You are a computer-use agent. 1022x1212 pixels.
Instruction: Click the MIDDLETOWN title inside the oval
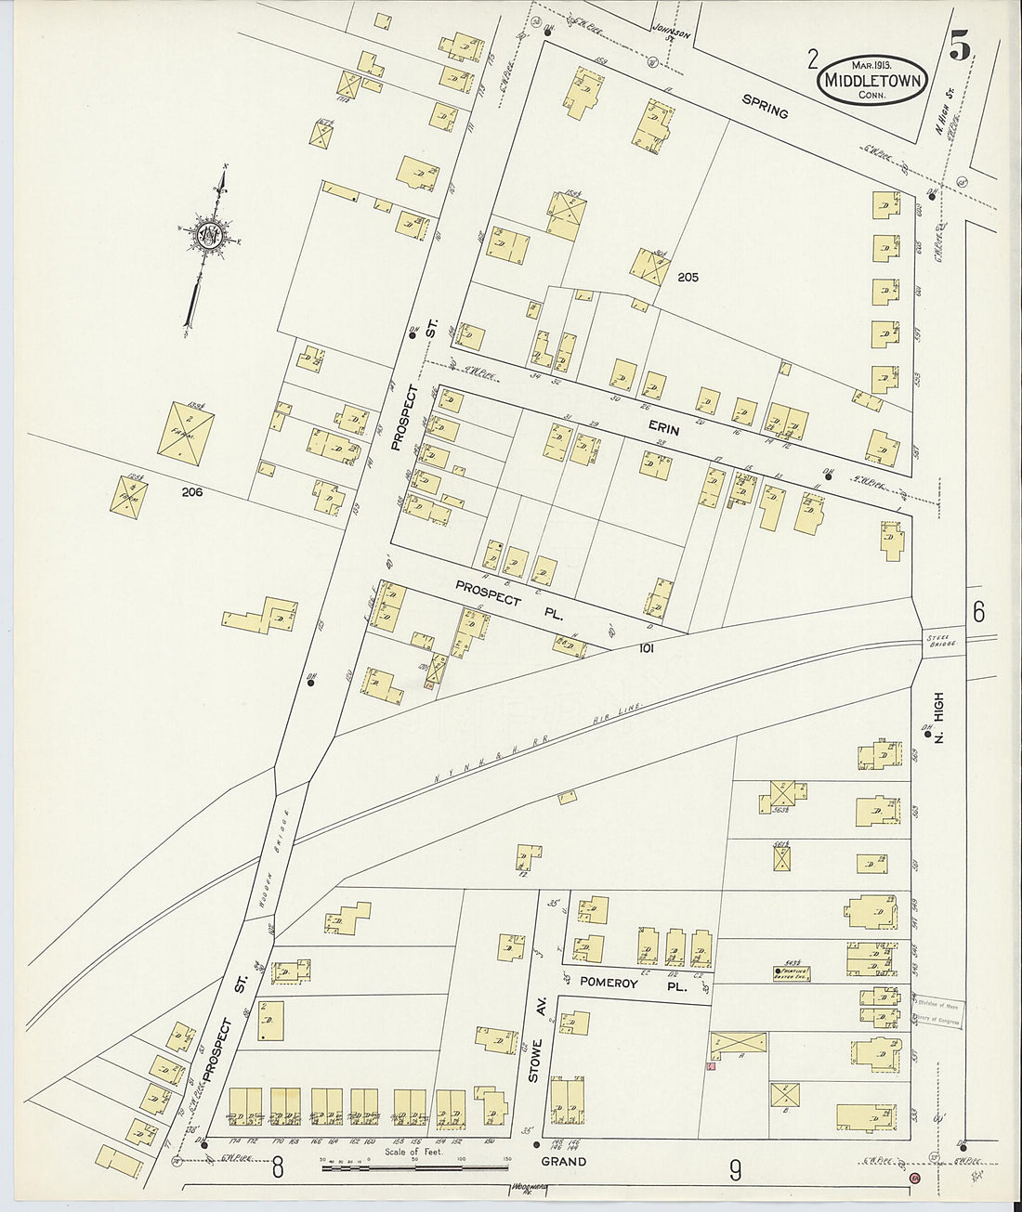pyautogui.click(x=871, y=81)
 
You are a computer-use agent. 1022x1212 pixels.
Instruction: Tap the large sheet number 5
pyautogui.click(x=960, y=46)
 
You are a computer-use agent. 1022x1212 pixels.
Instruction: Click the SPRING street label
pyautogui.click(x=765, y=107)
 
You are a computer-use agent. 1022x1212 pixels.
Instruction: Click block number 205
pyautogui.click(x=688, y=277)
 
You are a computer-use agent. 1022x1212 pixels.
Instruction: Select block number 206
pyautogui.click(x=192, y=492)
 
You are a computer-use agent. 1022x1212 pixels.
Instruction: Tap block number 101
pyautogui.click(x=647, y=648)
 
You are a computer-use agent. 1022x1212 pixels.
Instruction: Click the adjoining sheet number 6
pyautogui.click(x=978, y=612)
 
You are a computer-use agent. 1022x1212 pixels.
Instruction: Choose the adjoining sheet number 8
pyautogui.click(x=277, y=1169)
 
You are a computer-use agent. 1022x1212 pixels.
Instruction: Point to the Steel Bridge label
pyautogui.click(x=934, y=640)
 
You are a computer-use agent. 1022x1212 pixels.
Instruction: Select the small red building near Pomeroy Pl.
pyautogui.click(x=711, y=1067)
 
